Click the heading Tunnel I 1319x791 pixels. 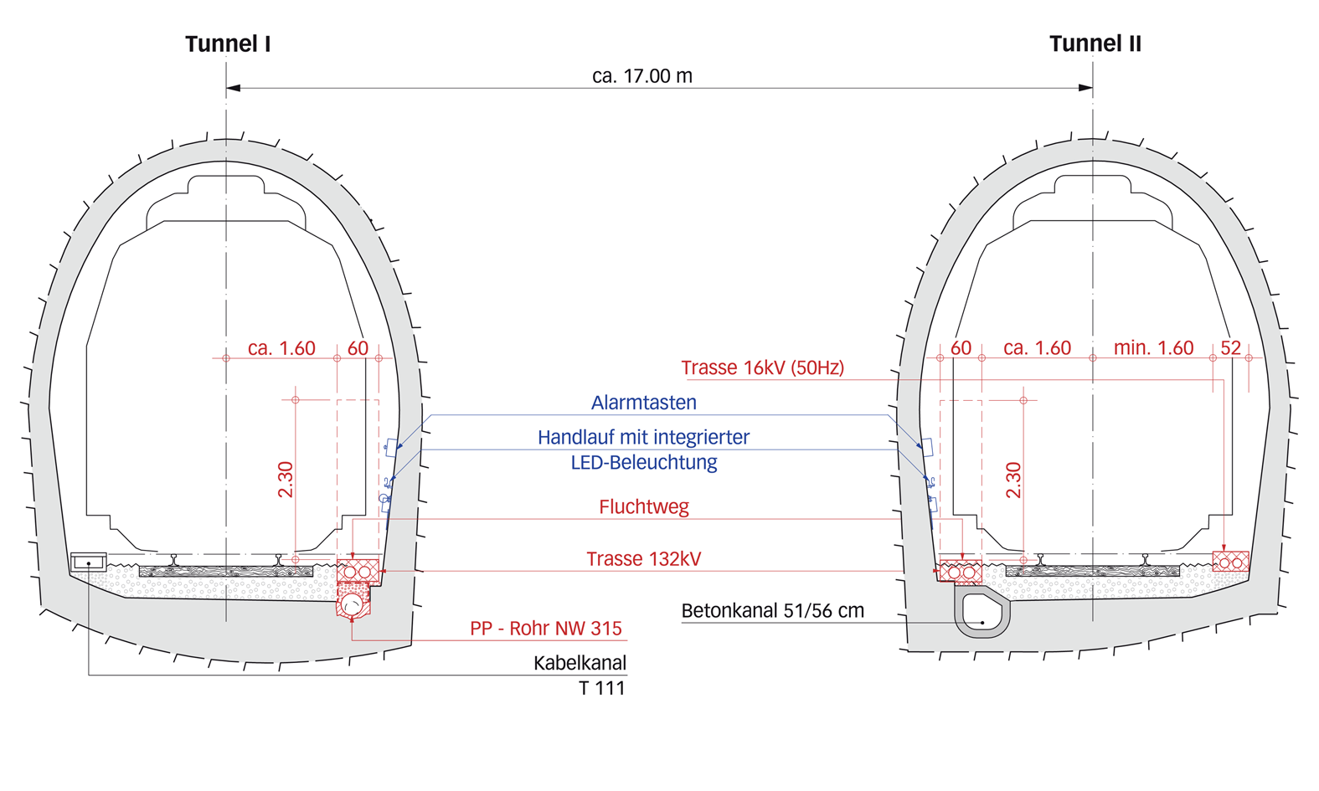228,44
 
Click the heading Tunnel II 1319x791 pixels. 1095,44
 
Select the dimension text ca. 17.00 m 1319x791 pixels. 642,76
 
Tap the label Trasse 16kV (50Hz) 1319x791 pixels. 762,367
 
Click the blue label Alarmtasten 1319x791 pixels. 643,403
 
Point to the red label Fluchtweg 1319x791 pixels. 643,506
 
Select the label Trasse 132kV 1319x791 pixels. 643,559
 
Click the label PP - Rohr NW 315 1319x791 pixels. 545,629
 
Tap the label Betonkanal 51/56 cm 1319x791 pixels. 772,611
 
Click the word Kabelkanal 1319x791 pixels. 580,663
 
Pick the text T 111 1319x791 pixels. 601,688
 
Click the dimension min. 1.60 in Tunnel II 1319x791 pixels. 1153,348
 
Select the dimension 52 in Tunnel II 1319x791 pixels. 1230,348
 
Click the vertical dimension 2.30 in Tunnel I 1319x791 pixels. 286,480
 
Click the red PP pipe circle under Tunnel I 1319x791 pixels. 353,604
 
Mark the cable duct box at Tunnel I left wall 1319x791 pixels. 88,562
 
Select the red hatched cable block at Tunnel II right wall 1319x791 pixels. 1230,562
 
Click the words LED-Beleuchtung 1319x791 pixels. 643,463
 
